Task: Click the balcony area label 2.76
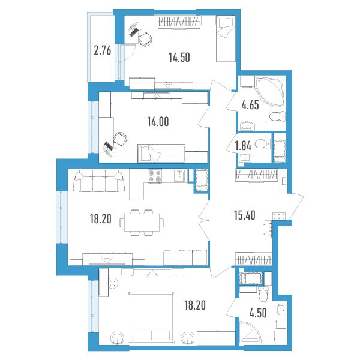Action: tap(103, 50)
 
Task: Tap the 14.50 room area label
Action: tap(179, 58)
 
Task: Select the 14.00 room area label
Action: tap(158, 121)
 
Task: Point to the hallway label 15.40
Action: tap(245, 215)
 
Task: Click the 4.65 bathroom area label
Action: tap(250, 105)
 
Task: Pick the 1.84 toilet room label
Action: tap(243, 146)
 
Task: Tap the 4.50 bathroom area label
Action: tap(258, 313)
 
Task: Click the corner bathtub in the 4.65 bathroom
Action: tap(270, 92)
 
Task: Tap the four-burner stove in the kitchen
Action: tap(155, 176)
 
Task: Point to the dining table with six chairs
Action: tap(142, 223)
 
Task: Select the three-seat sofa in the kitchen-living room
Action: tap(99, 181)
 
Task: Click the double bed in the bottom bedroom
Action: tap(151, 318)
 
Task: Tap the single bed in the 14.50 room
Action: tap(226, 38)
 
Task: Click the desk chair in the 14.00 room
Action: tap(121, 139)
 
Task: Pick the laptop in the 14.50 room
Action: tap(133, 30)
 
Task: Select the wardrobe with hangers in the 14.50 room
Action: tap(179, 22)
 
